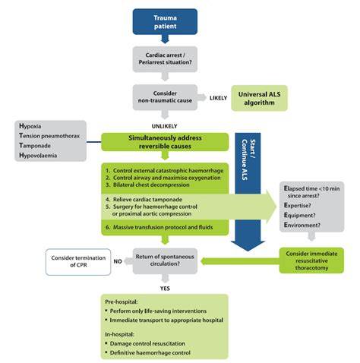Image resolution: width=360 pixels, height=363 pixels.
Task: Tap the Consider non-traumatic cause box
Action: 165,97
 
